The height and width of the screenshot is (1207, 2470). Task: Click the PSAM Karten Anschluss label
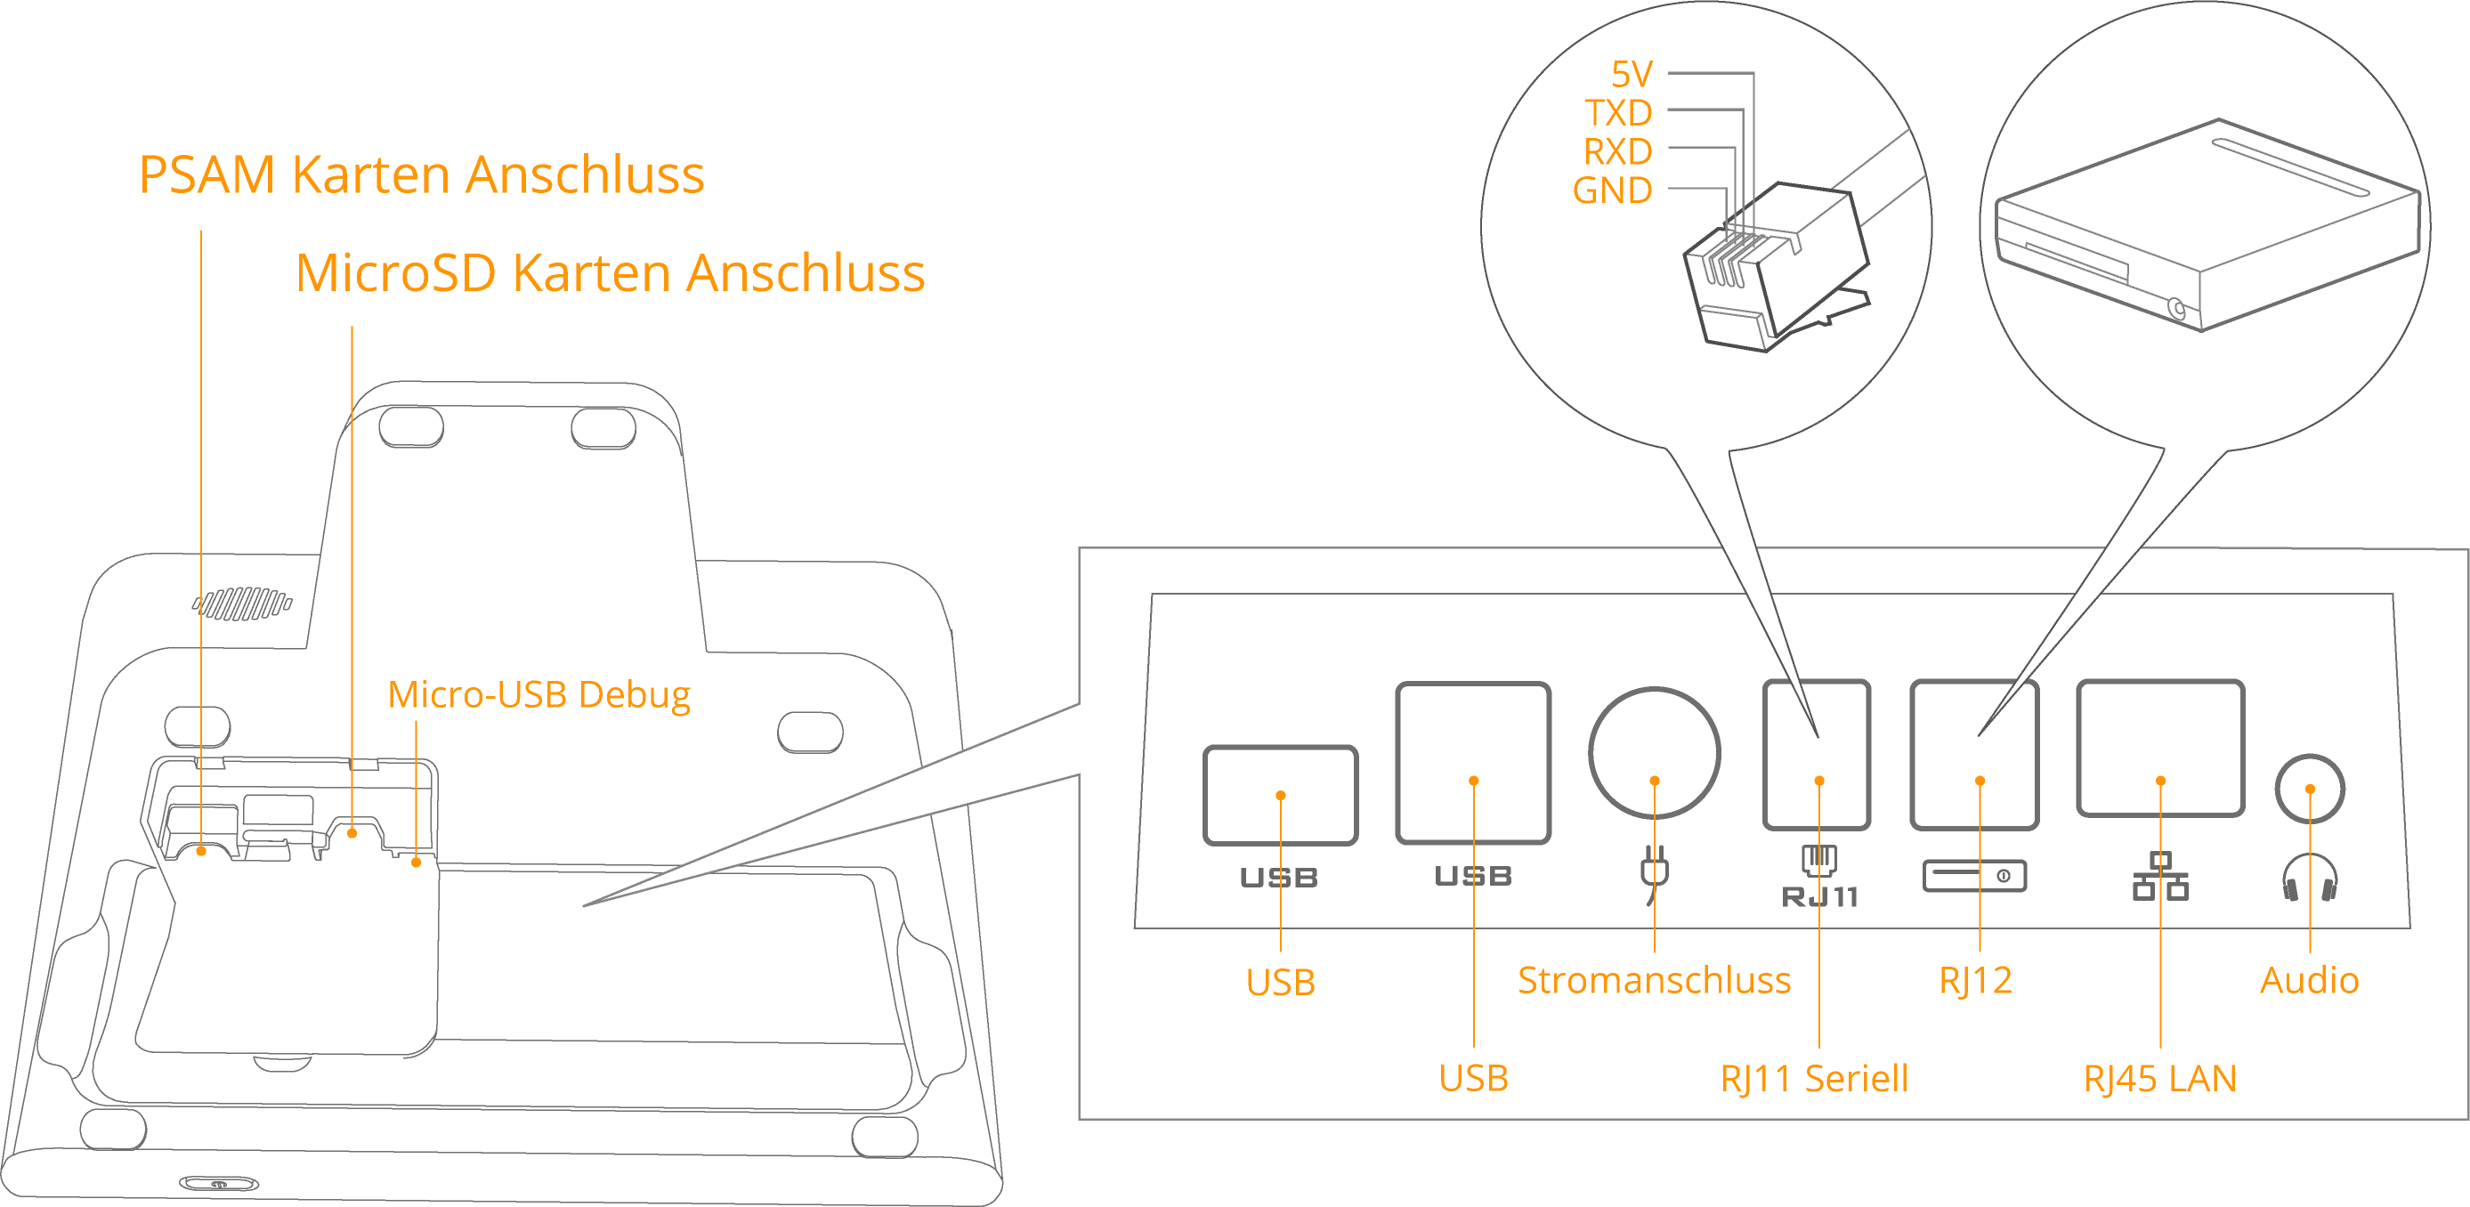[421, 175]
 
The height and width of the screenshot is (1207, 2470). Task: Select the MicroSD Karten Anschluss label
[610, 273]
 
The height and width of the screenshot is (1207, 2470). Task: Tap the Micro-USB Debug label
[538, 694]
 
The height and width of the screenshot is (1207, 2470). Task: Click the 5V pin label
[1631, 74]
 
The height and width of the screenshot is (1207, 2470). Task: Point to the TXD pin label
[1618, 113]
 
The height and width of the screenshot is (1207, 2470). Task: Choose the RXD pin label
[1617, 151]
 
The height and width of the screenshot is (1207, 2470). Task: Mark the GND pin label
[1612, 190]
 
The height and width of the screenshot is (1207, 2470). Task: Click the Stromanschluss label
[1654, 980]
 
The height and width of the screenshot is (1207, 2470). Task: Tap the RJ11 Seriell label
[1814, 1079]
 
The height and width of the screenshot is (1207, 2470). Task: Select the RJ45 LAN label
[2159, 1079]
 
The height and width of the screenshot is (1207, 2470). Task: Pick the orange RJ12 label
[1975, 980]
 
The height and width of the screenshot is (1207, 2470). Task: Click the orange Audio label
[2309, 980]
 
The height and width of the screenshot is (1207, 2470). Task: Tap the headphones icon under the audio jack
[2309, 877]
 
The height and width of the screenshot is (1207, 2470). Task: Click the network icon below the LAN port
[2159, 876]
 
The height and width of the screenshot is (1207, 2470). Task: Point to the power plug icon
[1654, 872]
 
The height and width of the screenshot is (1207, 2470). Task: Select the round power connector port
[1654, 752]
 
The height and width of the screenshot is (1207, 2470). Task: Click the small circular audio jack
[2309, 789]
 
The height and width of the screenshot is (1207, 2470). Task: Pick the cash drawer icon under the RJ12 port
[1974, 875]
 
